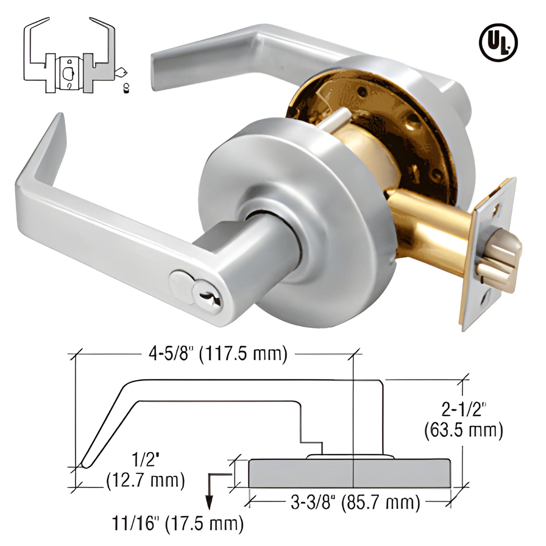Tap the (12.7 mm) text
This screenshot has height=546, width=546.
coord(145,481)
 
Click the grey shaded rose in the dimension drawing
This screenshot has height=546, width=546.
coord(350,473)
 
